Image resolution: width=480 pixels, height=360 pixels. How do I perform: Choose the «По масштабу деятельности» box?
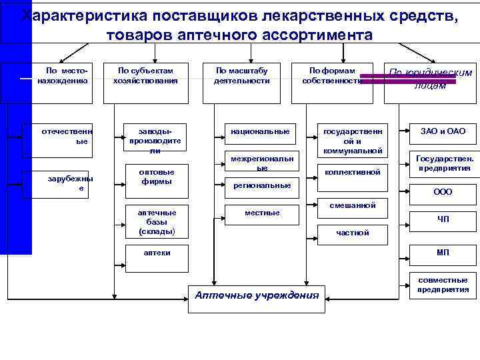pyautogui.click(x=241, y=76)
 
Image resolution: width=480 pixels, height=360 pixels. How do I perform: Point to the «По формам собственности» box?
pyautogui.click(x=331, y=76)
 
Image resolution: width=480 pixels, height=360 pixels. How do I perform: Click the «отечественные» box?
pyautogui.click(x=67, y=137)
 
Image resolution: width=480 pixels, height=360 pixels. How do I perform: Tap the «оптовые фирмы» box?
pyautogui.click(x=155, y=177)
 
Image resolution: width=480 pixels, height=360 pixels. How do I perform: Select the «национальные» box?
pyautogui.click(x=259, y=132)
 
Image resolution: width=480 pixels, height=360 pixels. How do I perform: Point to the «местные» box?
pyautogui.click(x=259, y=213)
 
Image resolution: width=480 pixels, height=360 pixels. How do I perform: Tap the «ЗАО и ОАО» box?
pyautogui.click(x=443, y=132)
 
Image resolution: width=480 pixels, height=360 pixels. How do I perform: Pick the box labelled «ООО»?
pyautogui.click(x=443, y=192)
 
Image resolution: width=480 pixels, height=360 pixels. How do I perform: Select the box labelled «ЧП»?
pyautogui.click(x=443, y=219)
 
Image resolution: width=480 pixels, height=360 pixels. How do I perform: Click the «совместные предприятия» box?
pyautogui.click(x=443, y=285)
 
